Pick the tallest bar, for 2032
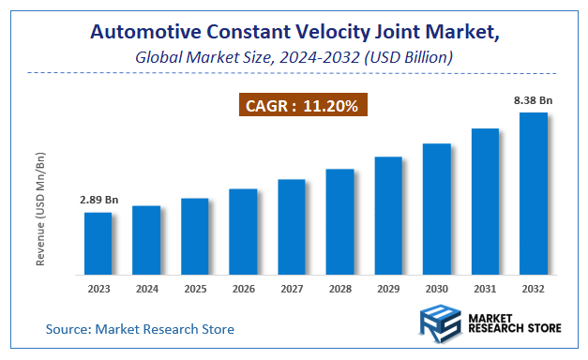tap(534, 194)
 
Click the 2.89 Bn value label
tap(98, 201)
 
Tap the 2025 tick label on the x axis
tap(195, 290)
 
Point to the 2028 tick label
tap(339, 290)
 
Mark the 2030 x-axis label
tap(436, 290)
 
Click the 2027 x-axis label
tap(292, 290)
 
